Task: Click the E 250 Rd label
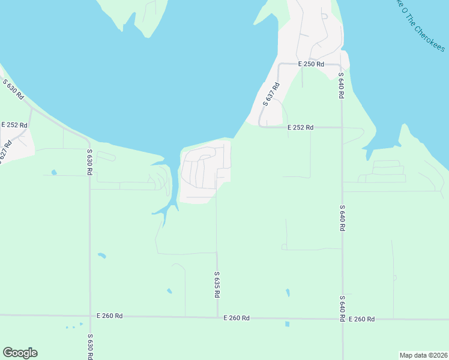point(312,64)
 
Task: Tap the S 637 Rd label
point(272,95)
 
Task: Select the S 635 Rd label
point(217,285)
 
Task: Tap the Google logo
point(20,353)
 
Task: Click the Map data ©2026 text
point(423,355)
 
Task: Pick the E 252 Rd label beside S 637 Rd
point(300,127)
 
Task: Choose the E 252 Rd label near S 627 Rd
point(14,125)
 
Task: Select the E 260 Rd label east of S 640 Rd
point(361,319)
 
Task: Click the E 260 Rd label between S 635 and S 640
point(236,318)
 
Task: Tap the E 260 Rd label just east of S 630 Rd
point(110,316)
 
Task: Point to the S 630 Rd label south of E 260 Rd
point(89,347)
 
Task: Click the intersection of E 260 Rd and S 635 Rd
point(217,317)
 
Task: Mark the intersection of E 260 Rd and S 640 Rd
point(342,319)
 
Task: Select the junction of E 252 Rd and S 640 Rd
point(342,127)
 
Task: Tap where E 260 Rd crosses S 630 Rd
point(89,315)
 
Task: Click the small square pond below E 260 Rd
point(287,324)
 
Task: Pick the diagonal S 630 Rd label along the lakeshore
point(13,89)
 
